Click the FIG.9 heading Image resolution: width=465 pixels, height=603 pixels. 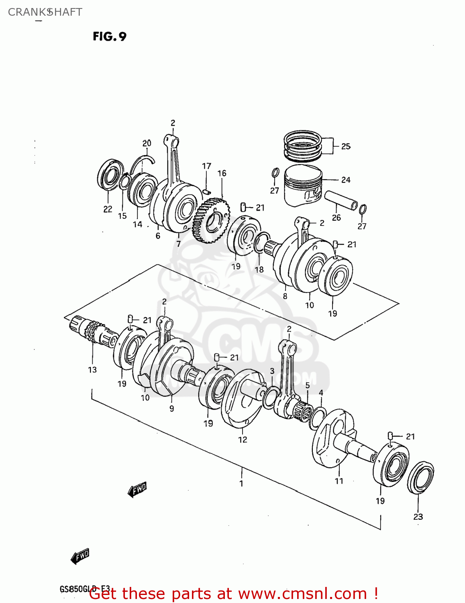tap(110, 37)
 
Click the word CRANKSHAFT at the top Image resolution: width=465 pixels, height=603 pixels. tap(45, 12)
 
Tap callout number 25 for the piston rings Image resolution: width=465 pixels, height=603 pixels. tap(346, 147)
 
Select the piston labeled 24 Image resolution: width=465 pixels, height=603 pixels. tap(303, 186)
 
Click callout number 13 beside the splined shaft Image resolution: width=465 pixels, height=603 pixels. tap(92, 370)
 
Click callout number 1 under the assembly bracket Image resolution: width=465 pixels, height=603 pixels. tap(241, 484)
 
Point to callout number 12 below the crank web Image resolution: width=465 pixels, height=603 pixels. tap(243, 440)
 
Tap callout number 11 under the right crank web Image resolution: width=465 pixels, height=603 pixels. tap(339, 481)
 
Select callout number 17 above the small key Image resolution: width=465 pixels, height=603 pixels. tap(206, 166)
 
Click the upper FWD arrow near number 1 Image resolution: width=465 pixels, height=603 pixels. tap(137, 489)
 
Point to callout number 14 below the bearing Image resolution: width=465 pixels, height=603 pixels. tap(138, 224)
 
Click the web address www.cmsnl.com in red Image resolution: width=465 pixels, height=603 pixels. tap(302, 594)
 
